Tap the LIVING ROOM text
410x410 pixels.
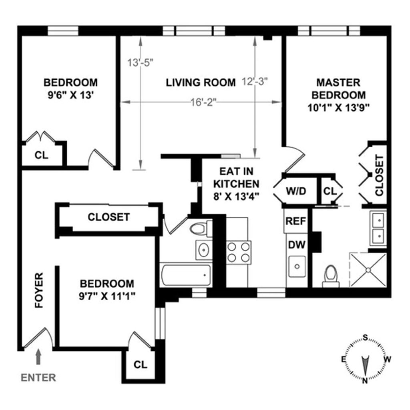click(x=201, y=83)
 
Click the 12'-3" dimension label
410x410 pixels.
click(x=255, y=81)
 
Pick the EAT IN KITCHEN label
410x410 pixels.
click(x=236, y=184)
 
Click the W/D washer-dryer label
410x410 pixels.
click(x=295, y=191)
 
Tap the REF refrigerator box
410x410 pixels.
click(x=295, y=221)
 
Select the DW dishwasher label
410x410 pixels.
click(x=295, y=244)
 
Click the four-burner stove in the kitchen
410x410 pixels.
click(x=239, y=253)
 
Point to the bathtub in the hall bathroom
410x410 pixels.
click(x=185, y=275)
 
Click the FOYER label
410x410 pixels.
click(x=39, y=290)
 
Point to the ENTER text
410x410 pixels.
click(x=38, y=378)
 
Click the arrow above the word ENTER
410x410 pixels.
click(x=38, y=356)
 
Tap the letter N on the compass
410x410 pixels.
click(x=365, y=381)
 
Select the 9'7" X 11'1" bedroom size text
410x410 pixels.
click(x=107, y=297)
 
